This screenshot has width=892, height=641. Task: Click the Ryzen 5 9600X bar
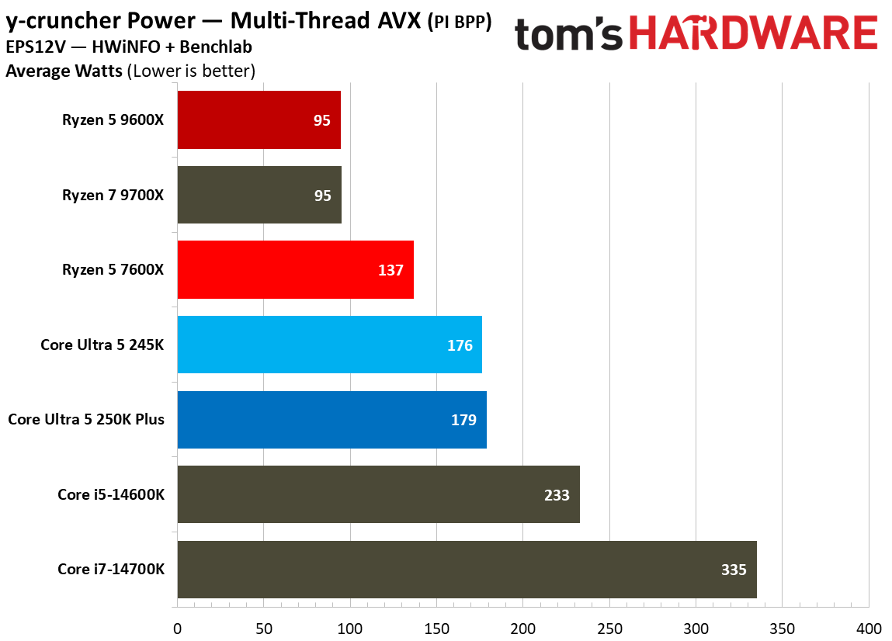click(259, 120)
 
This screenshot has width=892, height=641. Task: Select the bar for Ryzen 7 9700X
click(259, 195)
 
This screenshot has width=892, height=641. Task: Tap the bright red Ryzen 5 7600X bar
click(295, 269)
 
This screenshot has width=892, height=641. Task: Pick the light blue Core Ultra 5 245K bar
click(329, 345)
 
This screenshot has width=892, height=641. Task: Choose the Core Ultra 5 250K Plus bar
click(331, 420)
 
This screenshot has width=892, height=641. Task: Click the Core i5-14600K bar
click(378, 494)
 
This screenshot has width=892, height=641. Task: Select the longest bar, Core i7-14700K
click(467, 570)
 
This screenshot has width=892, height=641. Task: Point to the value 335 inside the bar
click(733, 570)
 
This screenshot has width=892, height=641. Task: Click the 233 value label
click(557, 495)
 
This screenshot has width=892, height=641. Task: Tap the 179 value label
click(463, 420)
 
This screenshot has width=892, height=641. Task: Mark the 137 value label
click(390, 270)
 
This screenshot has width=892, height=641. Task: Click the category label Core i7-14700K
click(111, 570)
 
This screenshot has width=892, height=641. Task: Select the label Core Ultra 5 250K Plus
click(86, 420)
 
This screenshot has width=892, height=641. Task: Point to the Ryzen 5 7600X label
click(113, 270)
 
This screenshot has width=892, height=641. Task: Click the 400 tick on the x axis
click(869, 628)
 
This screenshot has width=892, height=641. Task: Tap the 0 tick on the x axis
click(178, 628)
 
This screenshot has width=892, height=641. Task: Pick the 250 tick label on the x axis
click(609, 628)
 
